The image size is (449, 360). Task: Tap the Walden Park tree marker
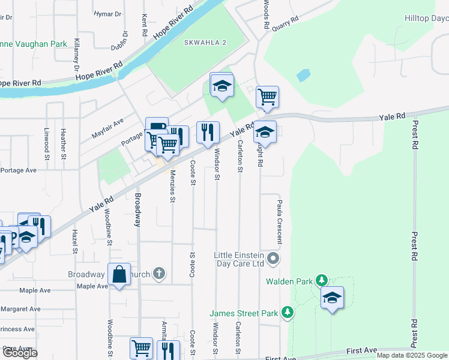[x=322, y=280]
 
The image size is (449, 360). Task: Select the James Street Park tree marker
[x=288, y=312]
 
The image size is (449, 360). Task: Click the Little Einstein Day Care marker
[x=273, y=259]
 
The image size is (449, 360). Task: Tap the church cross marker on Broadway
[x=159, y=274]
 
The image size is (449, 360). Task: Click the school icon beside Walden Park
[x=332, y=297]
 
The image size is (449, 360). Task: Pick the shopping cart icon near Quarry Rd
[x=267, y=96]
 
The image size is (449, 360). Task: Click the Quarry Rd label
[x=285, y=23]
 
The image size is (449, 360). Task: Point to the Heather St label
[x=62, y=143]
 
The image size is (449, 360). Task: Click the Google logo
[x=20, y=352]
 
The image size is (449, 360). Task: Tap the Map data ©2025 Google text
[x=412, y=355]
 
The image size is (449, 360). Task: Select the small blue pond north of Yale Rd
[x=303, y=76]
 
